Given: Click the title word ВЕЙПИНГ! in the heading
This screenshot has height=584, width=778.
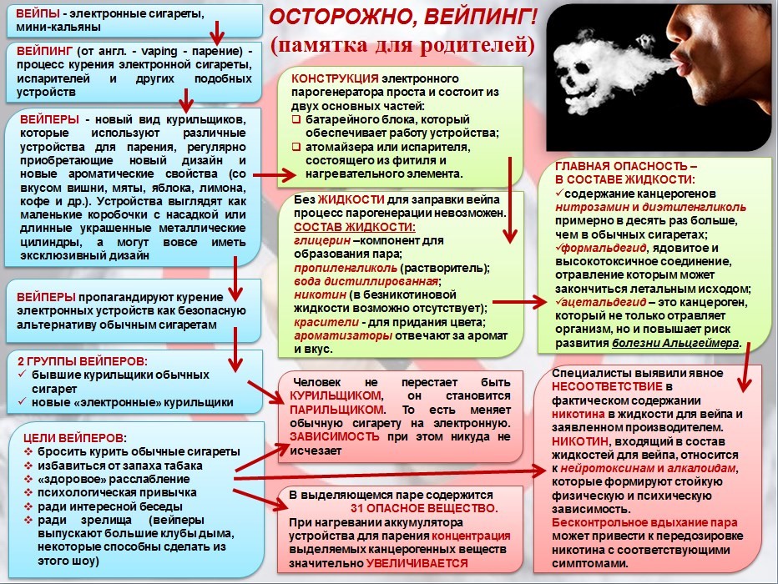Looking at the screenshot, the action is click(x=482, y=17).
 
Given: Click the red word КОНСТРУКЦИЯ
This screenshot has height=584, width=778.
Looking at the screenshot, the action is click(x=335, y=78).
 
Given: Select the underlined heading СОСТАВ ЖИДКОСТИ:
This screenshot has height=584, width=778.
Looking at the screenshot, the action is click(x=354, y=227).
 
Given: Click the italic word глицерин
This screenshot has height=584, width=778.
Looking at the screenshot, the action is click(x=322, y=241).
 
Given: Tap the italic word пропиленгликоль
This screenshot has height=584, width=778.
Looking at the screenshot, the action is click(x=346, y=268).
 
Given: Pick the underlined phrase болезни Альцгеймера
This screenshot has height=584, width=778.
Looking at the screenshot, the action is click(x=675, y=343).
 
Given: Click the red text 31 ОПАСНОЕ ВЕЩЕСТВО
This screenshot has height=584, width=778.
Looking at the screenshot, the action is click(x=424, y=509).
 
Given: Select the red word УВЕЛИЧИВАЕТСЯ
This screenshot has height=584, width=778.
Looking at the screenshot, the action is click(x=417, y=563).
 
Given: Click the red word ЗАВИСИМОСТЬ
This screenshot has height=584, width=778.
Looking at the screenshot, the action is click(x=335, y=437).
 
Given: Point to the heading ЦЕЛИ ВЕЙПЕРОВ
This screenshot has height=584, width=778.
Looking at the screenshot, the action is click(x=73, y=438).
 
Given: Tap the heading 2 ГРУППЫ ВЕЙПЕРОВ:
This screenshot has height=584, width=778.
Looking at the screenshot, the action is click(x=83, y=361).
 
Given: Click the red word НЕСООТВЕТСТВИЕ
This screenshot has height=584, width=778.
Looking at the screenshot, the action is click(x=608, y=386).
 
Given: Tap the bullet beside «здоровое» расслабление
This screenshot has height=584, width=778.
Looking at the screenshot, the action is click(x=28, y=480).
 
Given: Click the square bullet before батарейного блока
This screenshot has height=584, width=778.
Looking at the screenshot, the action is click(x=296, y=120).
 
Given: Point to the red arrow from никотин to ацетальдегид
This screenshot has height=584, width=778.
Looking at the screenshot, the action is click(x=520, y=301).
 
